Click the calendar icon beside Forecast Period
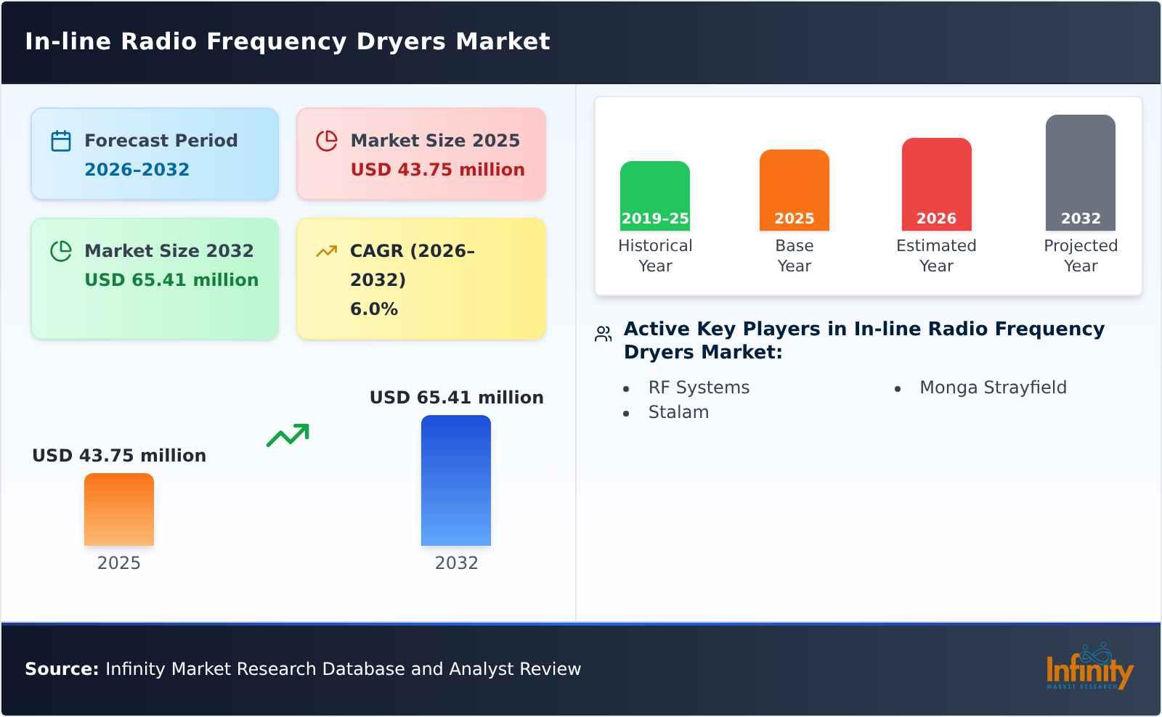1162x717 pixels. point(61,141)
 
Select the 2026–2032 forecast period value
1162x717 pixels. point(137,170)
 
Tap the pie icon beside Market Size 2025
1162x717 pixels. point(327,141)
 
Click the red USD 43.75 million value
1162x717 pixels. point(437,170)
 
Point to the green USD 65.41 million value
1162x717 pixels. point(171,280)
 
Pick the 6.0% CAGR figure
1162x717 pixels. point(374,309)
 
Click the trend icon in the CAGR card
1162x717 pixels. point(327,251)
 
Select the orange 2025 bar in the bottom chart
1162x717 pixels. point(119,509)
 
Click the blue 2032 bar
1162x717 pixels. point(456,480)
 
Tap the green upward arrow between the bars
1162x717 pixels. point(288,435)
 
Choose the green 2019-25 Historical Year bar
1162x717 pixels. point(655,196)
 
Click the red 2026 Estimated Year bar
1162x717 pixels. point(936,184)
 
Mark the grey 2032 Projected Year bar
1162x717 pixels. point(1080,173)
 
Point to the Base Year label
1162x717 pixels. point(794,255)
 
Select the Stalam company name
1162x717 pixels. point(678,412)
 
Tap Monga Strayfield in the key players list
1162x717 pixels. point(993,388)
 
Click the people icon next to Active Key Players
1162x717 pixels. point(603,334)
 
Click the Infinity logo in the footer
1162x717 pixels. point(1089,668)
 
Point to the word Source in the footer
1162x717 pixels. point(61,669)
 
